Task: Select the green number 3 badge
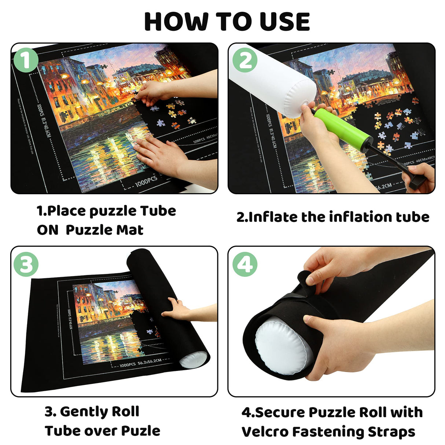click(x=26, y=264)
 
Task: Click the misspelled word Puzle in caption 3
click(x=141, y=431)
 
